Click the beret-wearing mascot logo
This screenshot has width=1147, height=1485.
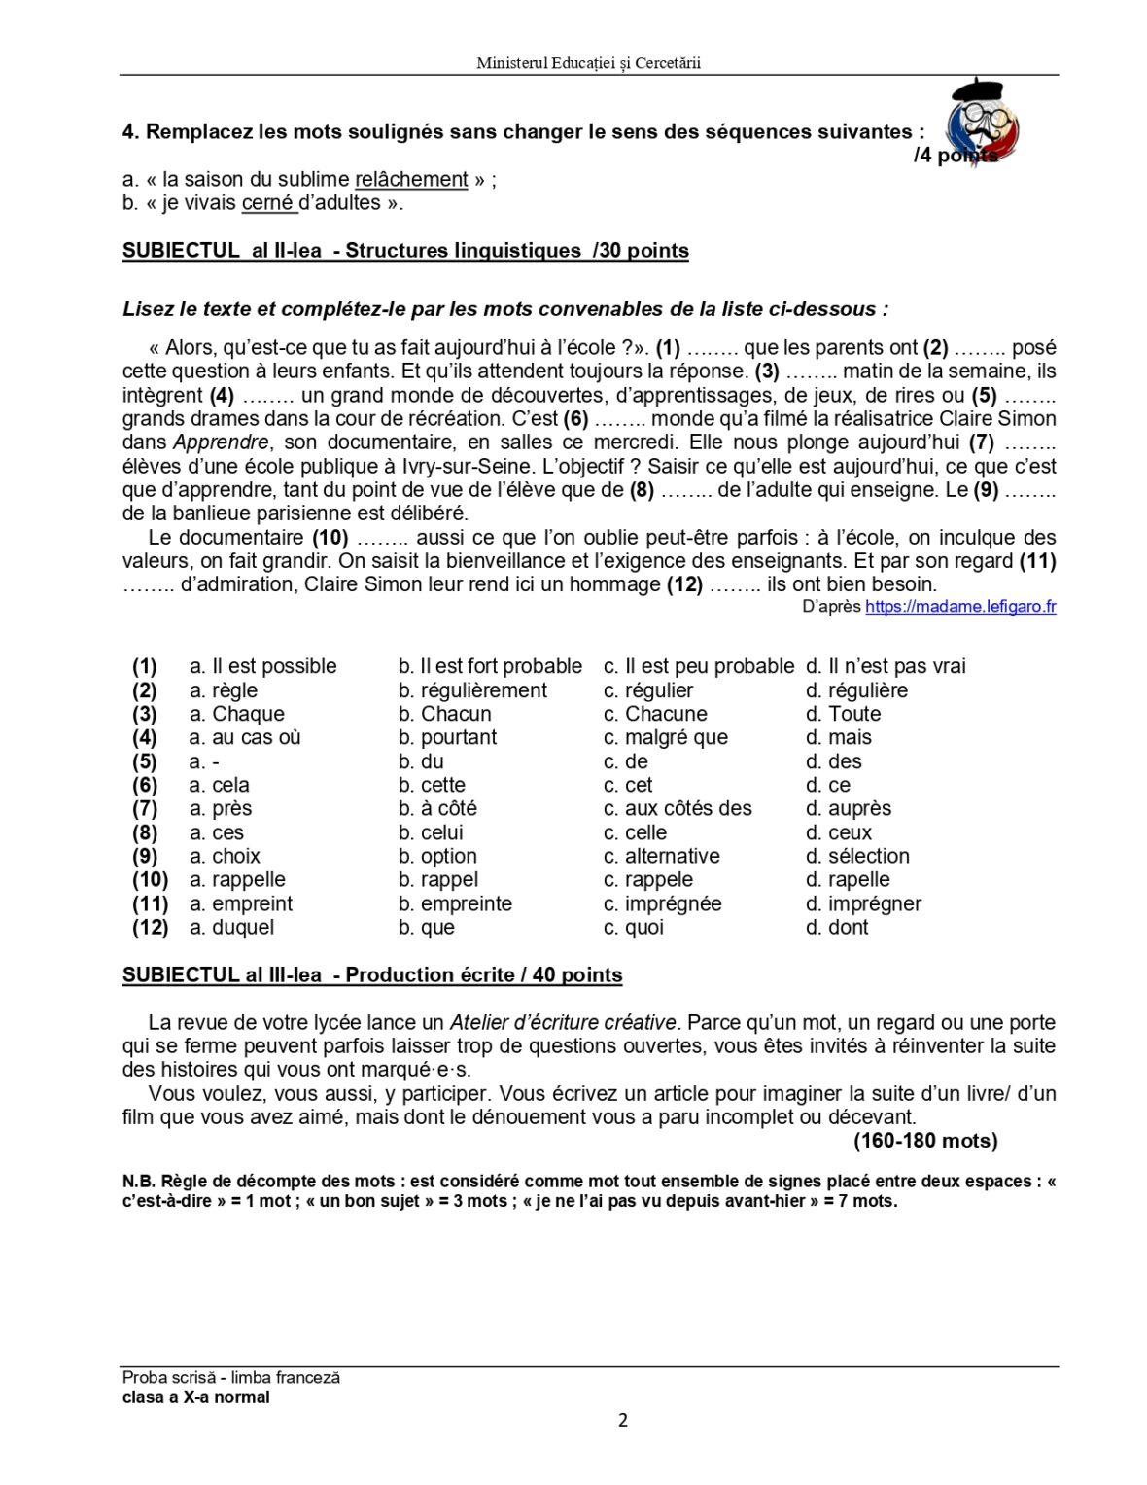(x=984, y=120)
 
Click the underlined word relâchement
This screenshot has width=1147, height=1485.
(x=411, y=180)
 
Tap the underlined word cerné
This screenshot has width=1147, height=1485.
(x=267, y=203)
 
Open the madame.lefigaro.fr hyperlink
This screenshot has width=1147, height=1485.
(x=959, y=607)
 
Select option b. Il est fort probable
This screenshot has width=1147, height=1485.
(x=490, y=666)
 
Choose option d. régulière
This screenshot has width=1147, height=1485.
(x=856, y=690)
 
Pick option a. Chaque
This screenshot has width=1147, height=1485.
(x=236, y=714)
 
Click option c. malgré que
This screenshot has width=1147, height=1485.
(x=665, y=737)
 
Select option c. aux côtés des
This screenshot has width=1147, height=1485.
(x=678, y=808)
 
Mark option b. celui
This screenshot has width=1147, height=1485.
(x=431, y=832)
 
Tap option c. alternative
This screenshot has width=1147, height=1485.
(x=661, y=856)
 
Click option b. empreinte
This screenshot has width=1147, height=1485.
(x=455, y=903)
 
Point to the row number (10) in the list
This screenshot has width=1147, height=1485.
(x=150, y=880)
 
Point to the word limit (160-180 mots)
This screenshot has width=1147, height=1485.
(x=924, y=1141)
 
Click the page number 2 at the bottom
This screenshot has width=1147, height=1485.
(x=623, y=1420)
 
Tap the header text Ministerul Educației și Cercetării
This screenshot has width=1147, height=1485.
(x=588, y=63)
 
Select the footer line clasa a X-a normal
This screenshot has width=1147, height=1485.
(x=196, y=1397)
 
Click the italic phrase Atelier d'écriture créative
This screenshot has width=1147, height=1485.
(x=562, y=1023)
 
